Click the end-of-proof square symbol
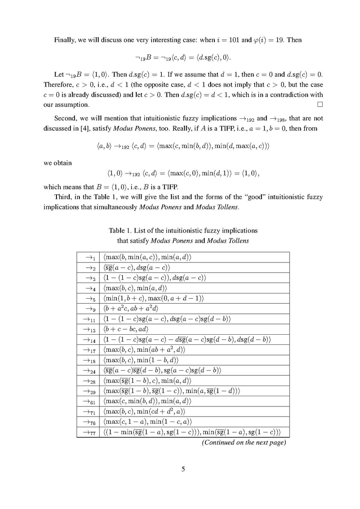click(x=320, y=104)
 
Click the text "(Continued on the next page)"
click(x=243, y=442)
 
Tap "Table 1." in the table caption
click(x=120, y=231)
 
